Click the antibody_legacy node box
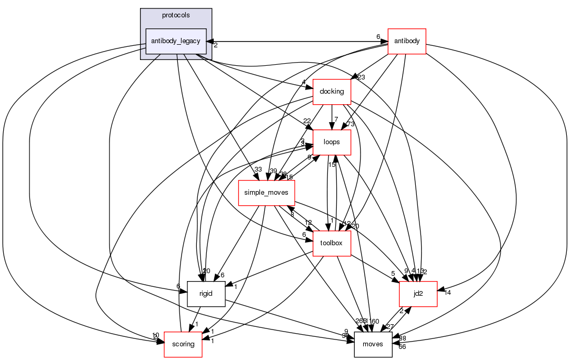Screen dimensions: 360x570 [176, 41]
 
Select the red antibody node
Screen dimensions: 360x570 [406, 41]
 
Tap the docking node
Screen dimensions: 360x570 [332, 92]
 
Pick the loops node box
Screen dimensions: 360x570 [332, 142]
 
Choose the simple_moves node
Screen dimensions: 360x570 [266, 193]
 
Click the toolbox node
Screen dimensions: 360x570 [332, 243]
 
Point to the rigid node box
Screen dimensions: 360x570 [206, 294]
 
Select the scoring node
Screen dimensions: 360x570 [183, 344]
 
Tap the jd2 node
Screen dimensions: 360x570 [418, 294]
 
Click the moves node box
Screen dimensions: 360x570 [373, 344]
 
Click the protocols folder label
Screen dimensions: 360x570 [176, 15]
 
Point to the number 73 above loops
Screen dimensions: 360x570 [351, 124]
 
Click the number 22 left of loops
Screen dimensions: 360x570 [307, 122]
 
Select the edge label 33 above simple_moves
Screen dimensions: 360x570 [258, 169]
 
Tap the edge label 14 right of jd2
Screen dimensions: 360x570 [447, 293]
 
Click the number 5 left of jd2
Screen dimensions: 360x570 [393, 273]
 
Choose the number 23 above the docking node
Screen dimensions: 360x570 [361, 77]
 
